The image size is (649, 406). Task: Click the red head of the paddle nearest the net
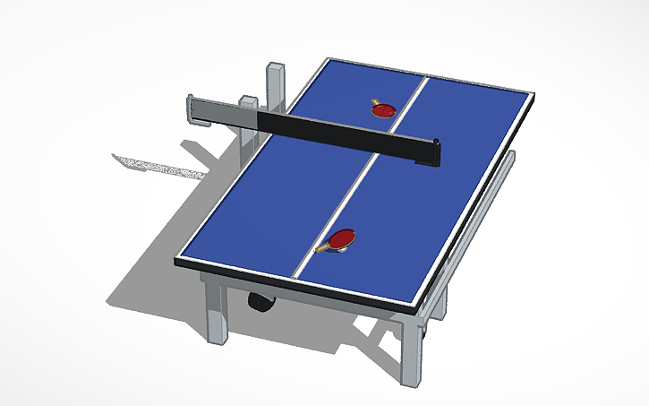pos(385,110)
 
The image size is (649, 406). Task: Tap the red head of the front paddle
pos(342,239)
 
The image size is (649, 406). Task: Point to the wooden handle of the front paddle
pos(322,248)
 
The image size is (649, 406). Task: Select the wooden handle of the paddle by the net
pos(374,100)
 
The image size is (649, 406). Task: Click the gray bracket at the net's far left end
pos(192,107)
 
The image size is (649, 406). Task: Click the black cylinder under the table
pos(261,301)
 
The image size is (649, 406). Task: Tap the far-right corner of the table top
pos(534,92)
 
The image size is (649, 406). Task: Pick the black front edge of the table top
pos(295,282)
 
